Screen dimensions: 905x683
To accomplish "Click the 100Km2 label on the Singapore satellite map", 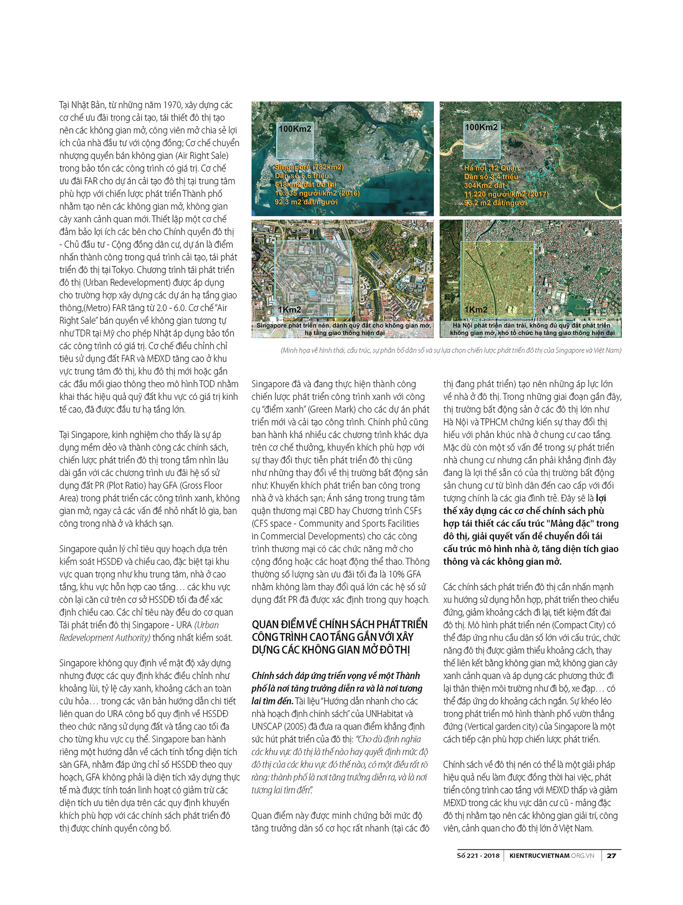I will pos(295,129).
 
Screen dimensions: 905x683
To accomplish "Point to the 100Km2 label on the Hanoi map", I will pos(481,127).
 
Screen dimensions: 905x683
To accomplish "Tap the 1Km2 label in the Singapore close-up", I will pos(290,310).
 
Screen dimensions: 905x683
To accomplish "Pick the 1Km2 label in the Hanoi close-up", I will pos(476,310).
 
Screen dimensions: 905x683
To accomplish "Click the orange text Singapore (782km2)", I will pos(309,167).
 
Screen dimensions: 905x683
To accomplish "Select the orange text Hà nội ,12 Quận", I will pos(491,168).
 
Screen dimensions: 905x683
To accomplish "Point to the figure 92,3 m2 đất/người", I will pos(306,202).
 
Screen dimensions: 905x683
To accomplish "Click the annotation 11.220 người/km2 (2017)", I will pos(506,194).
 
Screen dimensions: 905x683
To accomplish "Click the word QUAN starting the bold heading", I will pos(265,624).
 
